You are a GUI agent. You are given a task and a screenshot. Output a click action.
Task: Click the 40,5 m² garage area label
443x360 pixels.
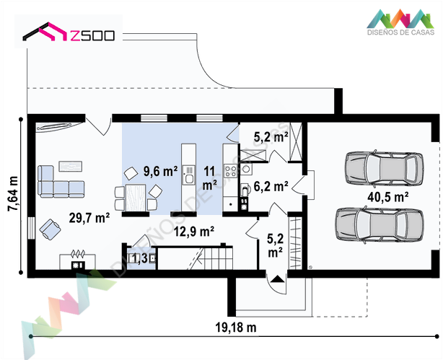[387, 197]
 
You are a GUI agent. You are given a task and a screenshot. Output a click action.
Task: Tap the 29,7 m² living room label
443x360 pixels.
[89, 218]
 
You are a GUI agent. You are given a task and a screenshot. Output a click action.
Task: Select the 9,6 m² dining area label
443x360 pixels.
[160, 171]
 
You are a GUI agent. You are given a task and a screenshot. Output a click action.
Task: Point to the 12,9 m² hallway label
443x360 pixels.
[194, 232]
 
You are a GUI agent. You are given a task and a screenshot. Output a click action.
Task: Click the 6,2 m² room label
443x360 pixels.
[271, 186]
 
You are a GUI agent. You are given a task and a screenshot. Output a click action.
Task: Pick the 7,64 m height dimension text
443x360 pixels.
[13, 193]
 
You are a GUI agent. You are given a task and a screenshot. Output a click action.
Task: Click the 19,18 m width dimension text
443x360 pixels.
[236, 328]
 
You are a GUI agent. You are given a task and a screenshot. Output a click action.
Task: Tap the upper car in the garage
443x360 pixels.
[384, 168]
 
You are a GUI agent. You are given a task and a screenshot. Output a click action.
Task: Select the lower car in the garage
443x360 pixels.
[380, 224]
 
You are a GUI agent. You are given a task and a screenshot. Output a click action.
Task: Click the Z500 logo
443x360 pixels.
[69, 32]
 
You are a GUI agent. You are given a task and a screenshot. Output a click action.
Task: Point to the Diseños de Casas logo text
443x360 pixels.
[400, 32]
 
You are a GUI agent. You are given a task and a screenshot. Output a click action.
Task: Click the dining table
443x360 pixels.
[136, 198]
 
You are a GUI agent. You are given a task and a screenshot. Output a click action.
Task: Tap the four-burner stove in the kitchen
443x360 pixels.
[230, 171]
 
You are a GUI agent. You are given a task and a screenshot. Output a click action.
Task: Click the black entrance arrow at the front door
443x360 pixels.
[278, 279]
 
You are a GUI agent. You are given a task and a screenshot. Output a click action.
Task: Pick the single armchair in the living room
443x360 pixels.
[50, 229]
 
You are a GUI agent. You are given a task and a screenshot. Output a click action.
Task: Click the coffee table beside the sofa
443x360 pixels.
[71, 166]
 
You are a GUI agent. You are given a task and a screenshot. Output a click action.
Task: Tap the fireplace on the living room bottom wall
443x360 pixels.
[77, 261]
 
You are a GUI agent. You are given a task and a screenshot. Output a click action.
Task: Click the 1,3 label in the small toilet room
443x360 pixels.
[139, 258]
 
